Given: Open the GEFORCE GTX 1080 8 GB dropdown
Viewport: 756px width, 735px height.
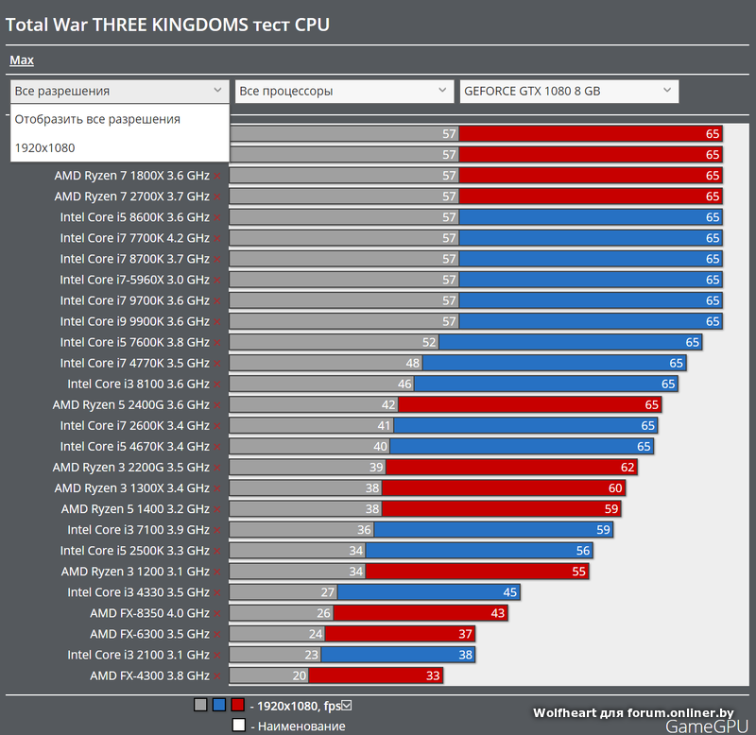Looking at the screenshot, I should point(569,92).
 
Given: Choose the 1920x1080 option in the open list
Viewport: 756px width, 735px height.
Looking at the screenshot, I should point(45,147).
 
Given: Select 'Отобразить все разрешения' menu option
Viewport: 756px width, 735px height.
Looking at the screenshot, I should point(97,119).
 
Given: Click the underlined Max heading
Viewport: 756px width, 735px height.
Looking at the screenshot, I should point(22,60).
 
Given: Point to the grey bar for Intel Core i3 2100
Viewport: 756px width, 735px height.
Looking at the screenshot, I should point(275,655).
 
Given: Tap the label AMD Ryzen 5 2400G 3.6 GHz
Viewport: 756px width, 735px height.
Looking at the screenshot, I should point(131,404).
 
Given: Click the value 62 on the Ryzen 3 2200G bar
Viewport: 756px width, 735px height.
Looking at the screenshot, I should point(627,468).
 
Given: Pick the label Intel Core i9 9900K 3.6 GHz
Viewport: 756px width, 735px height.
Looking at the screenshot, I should point(135,321).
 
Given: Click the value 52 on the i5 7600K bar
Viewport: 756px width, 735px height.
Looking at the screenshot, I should point(430,342).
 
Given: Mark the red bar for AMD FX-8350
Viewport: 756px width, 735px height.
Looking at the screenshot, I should point(421,613).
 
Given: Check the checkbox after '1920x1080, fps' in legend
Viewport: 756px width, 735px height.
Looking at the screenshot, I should point(347,705).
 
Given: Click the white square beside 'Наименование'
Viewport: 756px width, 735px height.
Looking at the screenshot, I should point(238,726).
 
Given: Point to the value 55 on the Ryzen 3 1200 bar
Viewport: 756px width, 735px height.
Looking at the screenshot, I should point(578,572).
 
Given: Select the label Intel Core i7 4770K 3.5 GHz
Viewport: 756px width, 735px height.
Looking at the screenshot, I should point(135,363).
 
